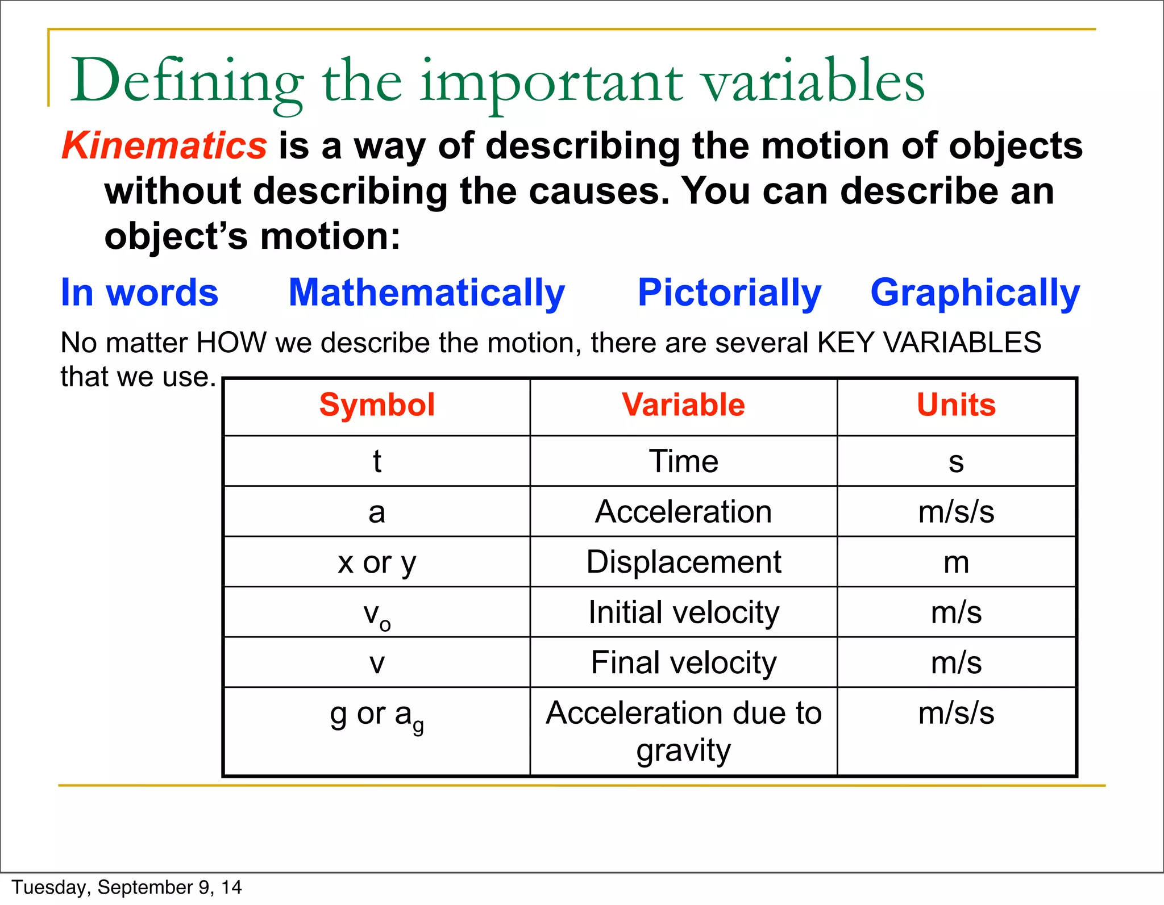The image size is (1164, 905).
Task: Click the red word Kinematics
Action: coord(164,145)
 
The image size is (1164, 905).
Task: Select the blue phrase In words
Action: coord(139,293)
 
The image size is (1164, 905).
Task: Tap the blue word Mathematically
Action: coord(427,293)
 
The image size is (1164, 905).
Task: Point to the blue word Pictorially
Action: coord(729,293)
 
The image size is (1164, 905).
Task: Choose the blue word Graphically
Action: coord(975,293)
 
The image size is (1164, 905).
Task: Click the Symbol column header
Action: coord(377,405)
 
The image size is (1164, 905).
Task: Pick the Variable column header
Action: coord(683,405)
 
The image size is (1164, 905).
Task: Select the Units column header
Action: coord(956,405)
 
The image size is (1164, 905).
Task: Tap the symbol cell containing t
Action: coord(377,461)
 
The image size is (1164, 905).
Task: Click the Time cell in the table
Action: coord(683,461)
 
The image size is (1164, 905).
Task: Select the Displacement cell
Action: coord(683,562)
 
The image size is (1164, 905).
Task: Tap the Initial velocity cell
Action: coord(683,612)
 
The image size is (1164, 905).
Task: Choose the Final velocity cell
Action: coord(683,662)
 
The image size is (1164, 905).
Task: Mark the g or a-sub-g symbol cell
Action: coord(377,716)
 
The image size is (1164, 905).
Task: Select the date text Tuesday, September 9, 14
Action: coord(127,887)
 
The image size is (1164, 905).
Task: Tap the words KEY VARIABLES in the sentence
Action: coord(929,343)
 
